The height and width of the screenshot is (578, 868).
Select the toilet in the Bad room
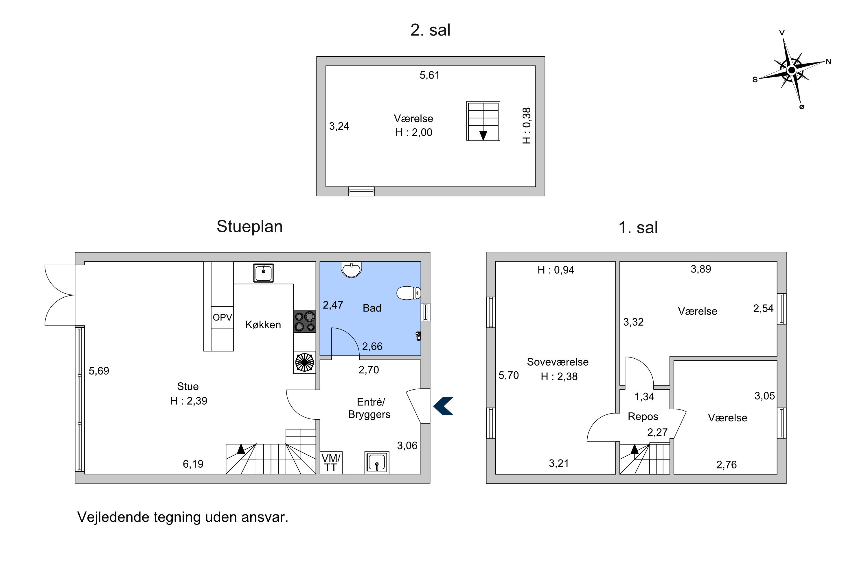click(409, 293)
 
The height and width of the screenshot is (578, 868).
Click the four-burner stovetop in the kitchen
click(304, 321)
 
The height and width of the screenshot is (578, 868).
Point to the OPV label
click(222, 317)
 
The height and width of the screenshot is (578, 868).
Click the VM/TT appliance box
click(331, 463)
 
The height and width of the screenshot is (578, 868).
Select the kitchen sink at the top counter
click(264, 273)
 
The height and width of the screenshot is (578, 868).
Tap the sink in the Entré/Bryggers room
click(377, 462)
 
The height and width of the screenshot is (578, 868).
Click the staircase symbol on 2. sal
click(483, 121)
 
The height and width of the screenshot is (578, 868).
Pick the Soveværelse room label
click(558, 362)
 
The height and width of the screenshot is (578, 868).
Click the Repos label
click(643, 416)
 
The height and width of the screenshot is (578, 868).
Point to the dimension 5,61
click(430, 75)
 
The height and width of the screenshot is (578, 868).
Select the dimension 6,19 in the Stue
click(193, 464)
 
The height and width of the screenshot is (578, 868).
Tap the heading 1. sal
click(638, 227)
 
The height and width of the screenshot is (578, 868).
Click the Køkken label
click(263, 325)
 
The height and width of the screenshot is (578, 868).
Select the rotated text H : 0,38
click(527, 126)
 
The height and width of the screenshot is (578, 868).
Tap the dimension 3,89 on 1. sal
click(701, 269)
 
